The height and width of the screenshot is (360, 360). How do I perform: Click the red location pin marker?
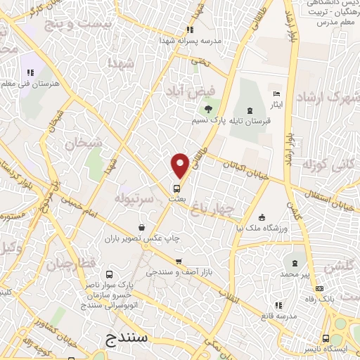click(x=181, y=165)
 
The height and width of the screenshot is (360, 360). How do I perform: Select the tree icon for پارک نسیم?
click(x=208, y=108)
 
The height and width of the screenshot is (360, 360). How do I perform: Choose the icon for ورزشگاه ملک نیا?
click(x=262, y=217)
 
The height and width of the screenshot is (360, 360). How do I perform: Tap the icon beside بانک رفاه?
click(x=320, y=288)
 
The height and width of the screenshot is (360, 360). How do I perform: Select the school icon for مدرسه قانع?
click(x=279, y=305)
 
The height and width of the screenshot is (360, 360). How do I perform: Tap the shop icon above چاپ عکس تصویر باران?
click(x=143, y=227)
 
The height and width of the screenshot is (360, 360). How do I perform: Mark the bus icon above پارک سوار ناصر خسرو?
click(x=108, y=274)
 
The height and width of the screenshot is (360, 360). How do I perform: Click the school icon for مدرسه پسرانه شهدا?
click(x=189, y=30)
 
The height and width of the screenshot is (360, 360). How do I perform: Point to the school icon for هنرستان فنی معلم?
click(x=30, y=72)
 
